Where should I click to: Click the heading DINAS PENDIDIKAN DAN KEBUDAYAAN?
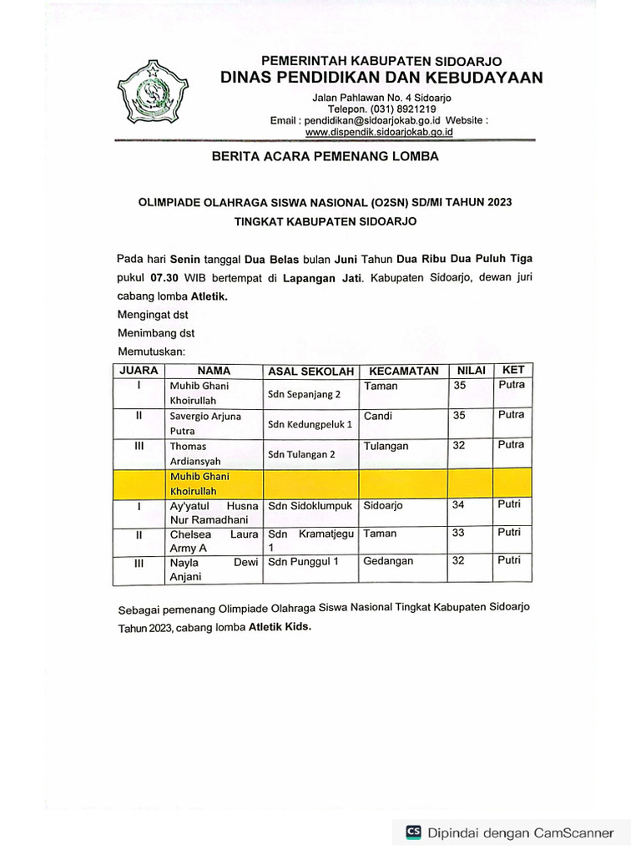click(381, 78)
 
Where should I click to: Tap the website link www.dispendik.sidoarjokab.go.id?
click(379, 132)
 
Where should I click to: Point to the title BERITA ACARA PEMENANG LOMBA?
click(325, 156)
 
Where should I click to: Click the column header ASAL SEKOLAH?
click(310, 372)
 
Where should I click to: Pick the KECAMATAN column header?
click(404, 371)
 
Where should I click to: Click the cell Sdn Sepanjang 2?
click(304, 394)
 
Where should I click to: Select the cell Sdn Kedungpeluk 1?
click(310, 424)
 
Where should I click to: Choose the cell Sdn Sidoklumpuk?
click(310, 506)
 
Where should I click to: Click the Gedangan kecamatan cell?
click(388, 561)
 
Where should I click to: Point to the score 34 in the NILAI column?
click(458, 504)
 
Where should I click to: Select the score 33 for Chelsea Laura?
click(458, 533)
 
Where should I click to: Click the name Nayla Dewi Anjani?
click(214, 569)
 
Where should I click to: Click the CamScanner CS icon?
click(413, 832)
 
